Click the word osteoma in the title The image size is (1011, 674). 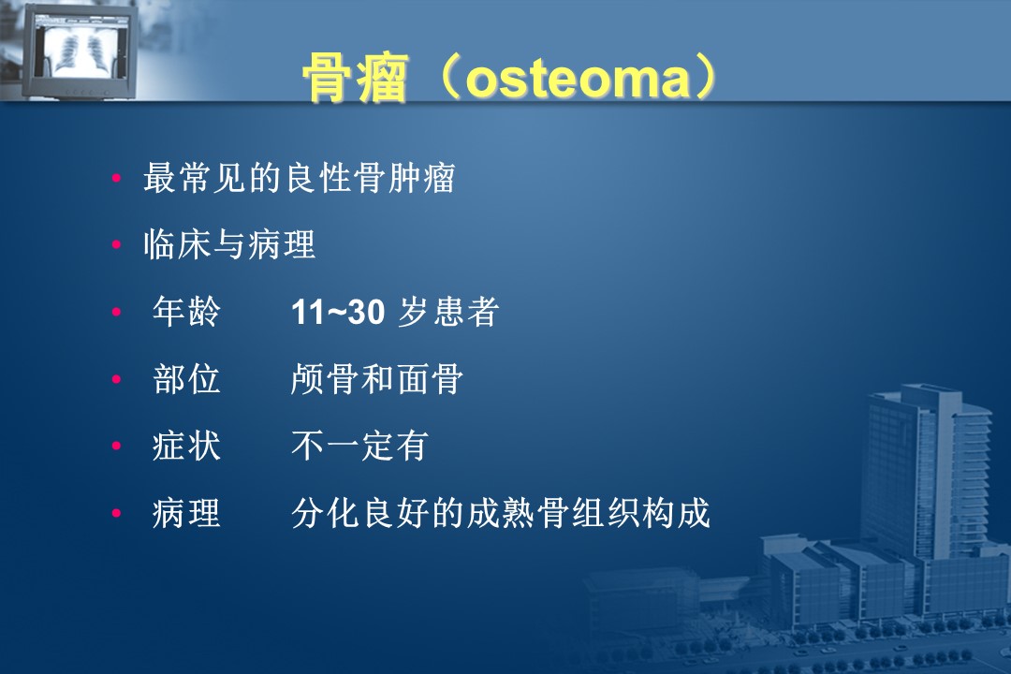(x=578, y=80)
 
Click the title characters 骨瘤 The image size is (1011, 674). (x=356, y=79)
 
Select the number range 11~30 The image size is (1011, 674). (x=338, y=312)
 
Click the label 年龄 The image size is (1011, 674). (x=186, y=312)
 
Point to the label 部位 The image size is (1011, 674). (x=186, y=378)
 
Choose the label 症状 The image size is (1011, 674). (x=186, y=446)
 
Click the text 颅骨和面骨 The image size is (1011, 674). (x=376, y=378)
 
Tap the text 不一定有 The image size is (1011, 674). (x=359, y=446)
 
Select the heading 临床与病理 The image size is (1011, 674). (x=229, y=245)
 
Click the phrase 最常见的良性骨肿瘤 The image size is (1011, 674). (x=300, y=178)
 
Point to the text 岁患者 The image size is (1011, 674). (x=448, y=312)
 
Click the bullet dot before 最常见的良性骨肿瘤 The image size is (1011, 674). (x=117, y=178)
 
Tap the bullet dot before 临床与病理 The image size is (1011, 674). (x=117, y=245)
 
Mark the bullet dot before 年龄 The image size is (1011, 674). (x=117, y=312)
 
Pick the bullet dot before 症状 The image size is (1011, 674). (x=117, y=447)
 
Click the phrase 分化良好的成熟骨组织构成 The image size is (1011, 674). (x=500, y=513)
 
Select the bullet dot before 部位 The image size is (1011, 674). (x=117, y=379)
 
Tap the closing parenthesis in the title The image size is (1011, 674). (x=706, y=79)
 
